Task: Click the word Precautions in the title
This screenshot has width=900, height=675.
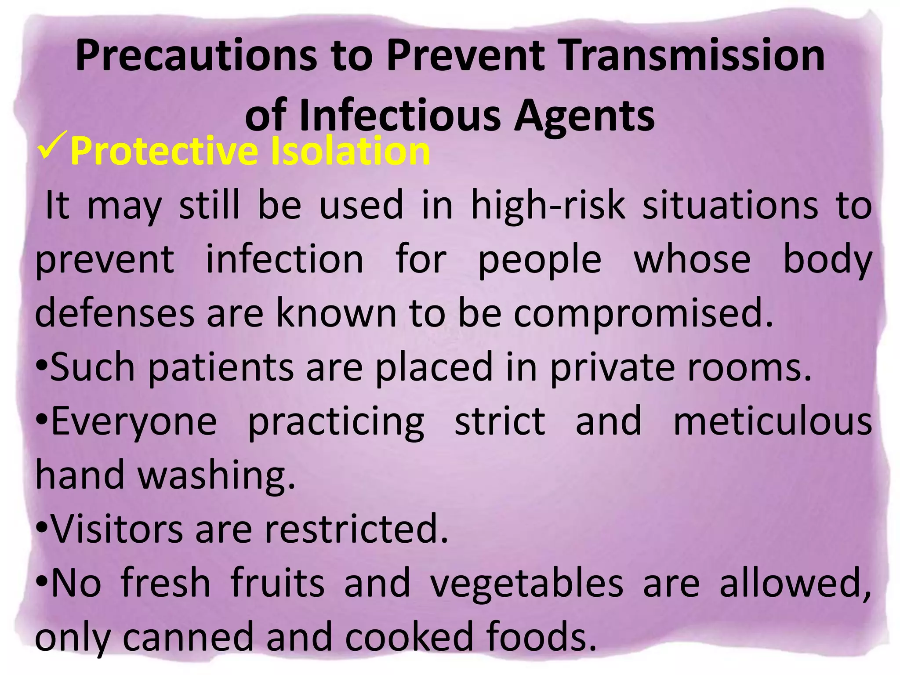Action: coord(196,56)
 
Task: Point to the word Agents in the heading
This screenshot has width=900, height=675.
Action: coord(584,116)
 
